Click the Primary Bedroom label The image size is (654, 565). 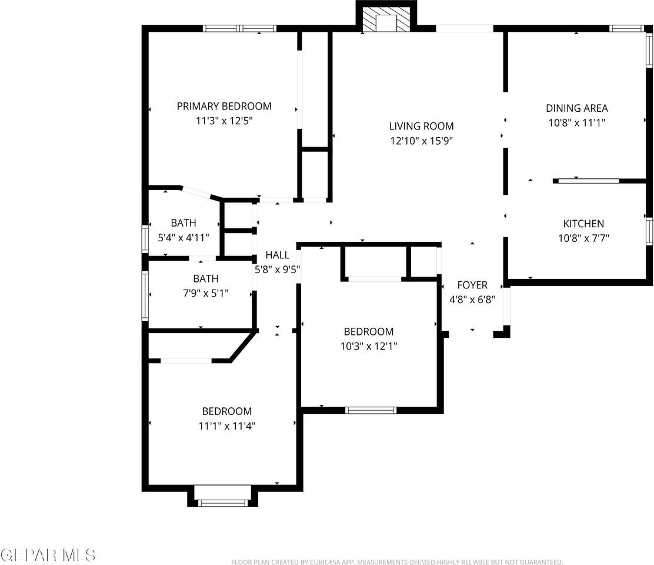pyautogui.click(x=224, y=107)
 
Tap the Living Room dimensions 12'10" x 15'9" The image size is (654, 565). pyautogui.click(x=421, y=141)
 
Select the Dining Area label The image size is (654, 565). pyautogui.click(x=576, y=108)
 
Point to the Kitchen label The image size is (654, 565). pyautogui.click(x=583, y=224)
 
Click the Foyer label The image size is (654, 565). pyautogui.click(x=472, y=285)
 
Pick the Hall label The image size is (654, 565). pyautogui.click(x=277, y=255)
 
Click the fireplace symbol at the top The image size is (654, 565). pyautogui.click(x=386, y=21)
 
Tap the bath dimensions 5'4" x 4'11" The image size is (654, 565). pyautogui.click(x=183, y=238)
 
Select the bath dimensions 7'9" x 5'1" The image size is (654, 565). pyautogui.click(x=205, y=293)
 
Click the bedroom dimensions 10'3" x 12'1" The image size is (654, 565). pyautogui.click(x=369, y=346)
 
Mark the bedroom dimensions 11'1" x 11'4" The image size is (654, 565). pyautogui.click(x=226, y=426)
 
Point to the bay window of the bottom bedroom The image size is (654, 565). pyautogui.click(x=223, y=502)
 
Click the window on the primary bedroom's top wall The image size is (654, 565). pyautogui.click(x=239, y=28)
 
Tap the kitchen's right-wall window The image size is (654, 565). pyautogui.click(x=649, y=232)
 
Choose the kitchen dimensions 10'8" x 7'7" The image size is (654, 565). pyautogui.click(x=583, y=238)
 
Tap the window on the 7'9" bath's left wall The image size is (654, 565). pyautogui.click(x=145, y=295)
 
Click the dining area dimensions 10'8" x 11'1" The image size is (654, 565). pyautogui.click(x=576, y=122)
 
